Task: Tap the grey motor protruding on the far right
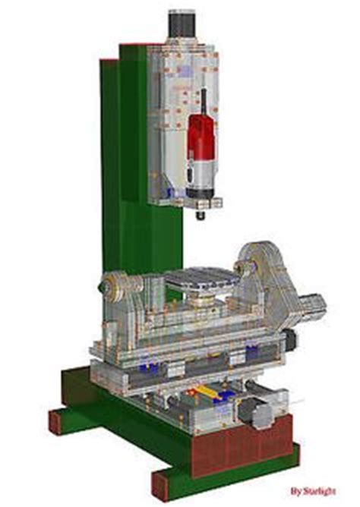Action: (x=313, y=307)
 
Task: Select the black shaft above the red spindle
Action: (x=204, y=102)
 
